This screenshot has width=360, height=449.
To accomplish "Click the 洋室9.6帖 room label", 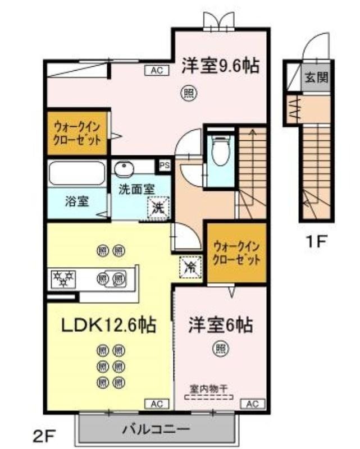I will [x=220, y=66].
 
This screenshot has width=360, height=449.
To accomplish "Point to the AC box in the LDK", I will [x=157, y=403].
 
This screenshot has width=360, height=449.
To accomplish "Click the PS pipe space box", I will [x=165, y=165].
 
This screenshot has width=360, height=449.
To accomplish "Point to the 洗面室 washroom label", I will [x=136, y=189].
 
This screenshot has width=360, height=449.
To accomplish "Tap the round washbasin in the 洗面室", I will [x=122, y=167].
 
